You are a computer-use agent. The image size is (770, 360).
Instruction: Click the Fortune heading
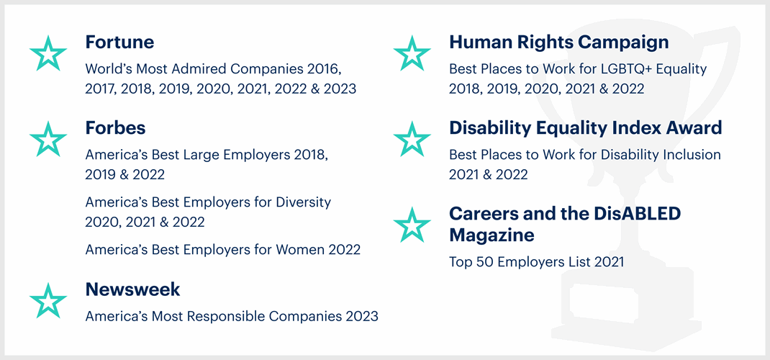click(x=119, y=42)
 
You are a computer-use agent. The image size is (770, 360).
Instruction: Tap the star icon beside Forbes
click(x=48, y=139)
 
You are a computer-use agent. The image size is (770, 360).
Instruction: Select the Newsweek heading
click(x=132, y=289)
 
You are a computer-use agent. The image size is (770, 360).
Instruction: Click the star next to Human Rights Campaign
click(x=412, y=53)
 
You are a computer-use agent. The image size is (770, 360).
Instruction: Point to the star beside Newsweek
click(x=48, y=300)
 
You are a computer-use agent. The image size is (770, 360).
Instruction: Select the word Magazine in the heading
click(x=492, y=235)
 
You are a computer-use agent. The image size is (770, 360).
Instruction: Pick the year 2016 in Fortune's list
click(x=320, y=68)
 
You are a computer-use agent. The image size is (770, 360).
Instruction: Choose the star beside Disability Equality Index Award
click(x=412, y=139)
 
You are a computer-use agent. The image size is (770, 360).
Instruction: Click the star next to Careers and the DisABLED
click(x=412, y=225)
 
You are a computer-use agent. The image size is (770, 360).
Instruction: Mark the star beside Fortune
click(x=48, y=53)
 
